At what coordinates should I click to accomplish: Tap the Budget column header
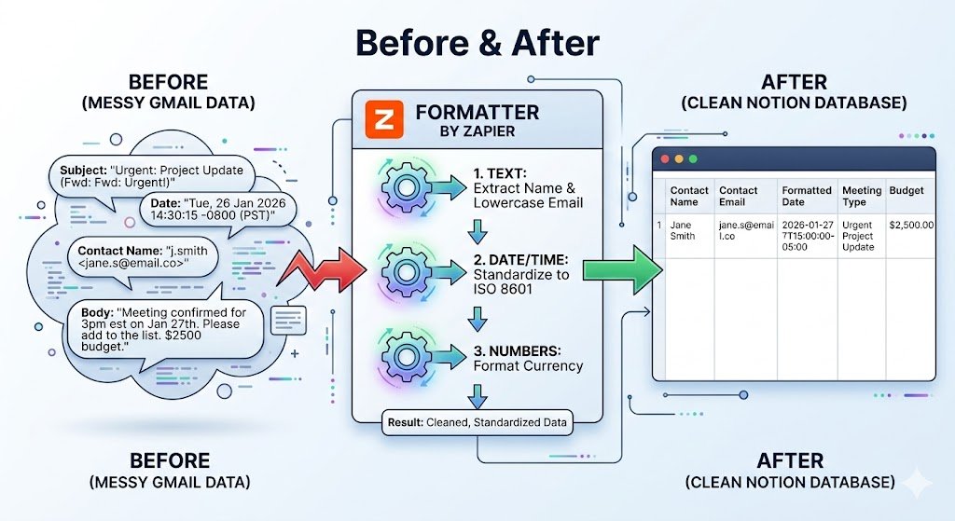click(x=907, y=190)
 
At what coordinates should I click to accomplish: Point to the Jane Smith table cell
click(x=683, y=230)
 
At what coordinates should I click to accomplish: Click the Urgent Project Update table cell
click(x=859, y=236)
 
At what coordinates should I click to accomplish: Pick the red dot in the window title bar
click(x=665, y=159)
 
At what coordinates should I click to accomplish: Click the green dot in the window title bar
click(x=694, y=159)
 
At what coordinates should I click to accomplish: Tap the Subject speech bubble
click(x=150, y=176)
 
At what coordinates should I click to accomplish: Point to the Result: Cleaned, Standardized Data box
click(x=476, y=423)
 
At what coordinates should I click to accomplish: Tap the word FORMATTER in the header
click(x=477, y=113)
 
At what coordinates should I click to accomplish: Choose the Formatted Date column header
click(x=807, y=196)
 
